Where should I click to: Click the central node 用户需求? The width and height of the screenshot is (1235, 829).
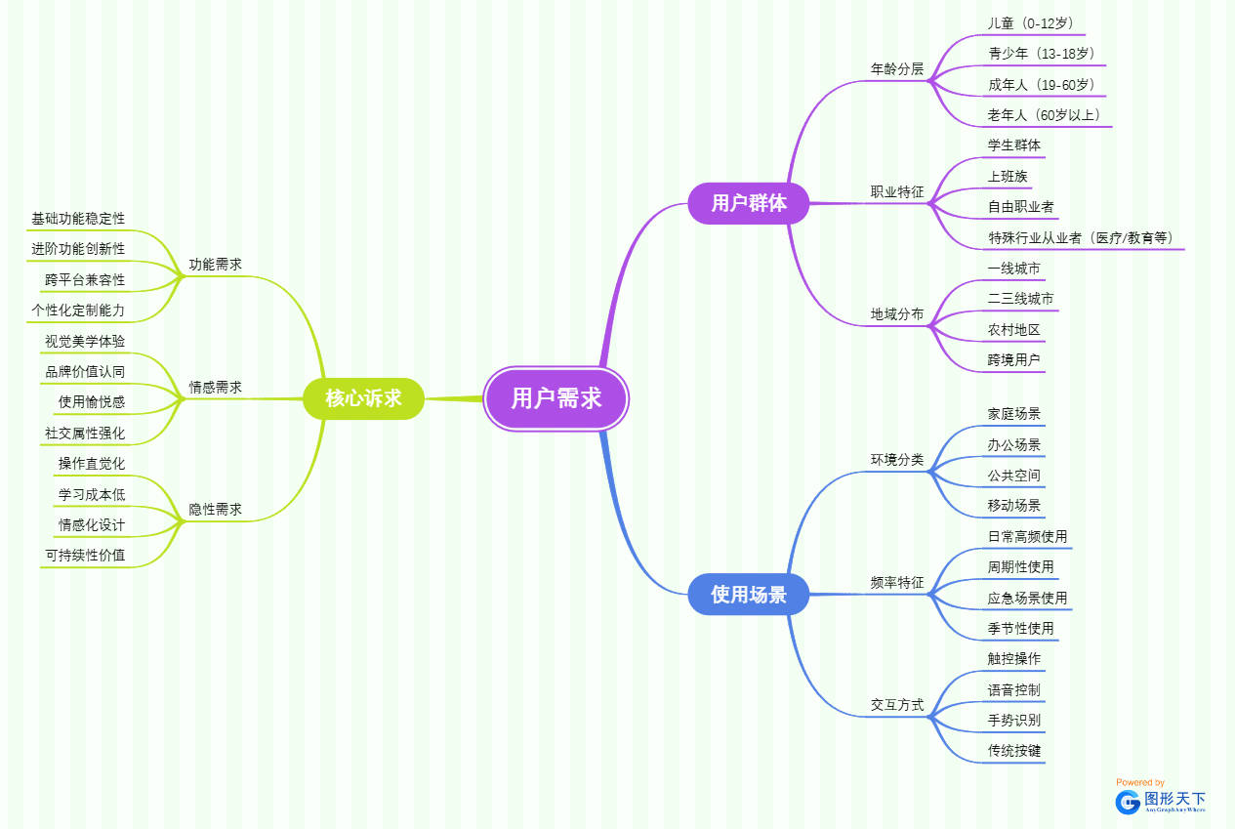556,398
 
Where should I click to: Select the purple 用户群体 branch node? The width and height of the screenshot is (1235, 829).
749,203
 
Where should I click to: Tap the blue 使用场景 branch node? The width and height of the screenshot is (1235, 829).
749,595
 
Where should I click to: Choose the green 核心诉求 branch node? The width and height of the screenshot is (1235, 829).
363,398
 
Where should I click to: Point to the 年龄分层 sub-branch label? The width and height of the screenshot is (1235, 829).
896,69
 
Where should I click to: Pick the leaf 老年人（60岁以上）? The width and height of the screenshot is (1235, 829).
1044,115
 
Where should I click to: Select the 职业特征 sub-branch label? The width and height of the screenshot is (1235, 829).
896,192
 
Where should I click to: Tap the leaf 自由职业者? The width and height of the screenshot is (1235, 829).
1021,207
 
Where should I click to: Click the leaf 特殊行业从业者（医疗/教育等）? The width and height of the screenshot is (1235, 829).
1081,238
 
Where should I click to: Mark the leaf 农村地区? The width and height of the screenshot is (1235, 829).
1013,330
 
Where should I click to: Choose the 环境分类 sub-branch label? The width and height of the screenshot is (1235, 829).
896,460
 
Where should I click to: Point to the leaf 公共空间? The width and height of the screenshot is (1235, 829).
1013,476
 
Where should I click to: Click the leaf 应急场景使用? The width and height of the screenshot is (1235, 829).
1027,598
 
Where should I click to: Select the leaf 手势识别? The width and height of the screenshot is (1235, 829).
1013,721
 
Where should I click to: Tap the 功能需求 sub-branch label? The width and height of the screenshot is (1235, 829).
215,265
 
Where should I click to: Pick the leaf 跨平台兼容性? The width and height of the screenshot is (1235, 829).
85,280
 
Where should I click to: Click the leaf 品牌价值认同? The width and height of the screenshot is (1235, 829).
85,372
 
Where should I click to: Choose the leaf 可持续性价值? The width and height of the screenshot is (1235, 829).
85,556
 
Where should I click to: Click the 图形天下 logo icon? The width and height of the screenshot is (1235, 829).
1129,802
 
